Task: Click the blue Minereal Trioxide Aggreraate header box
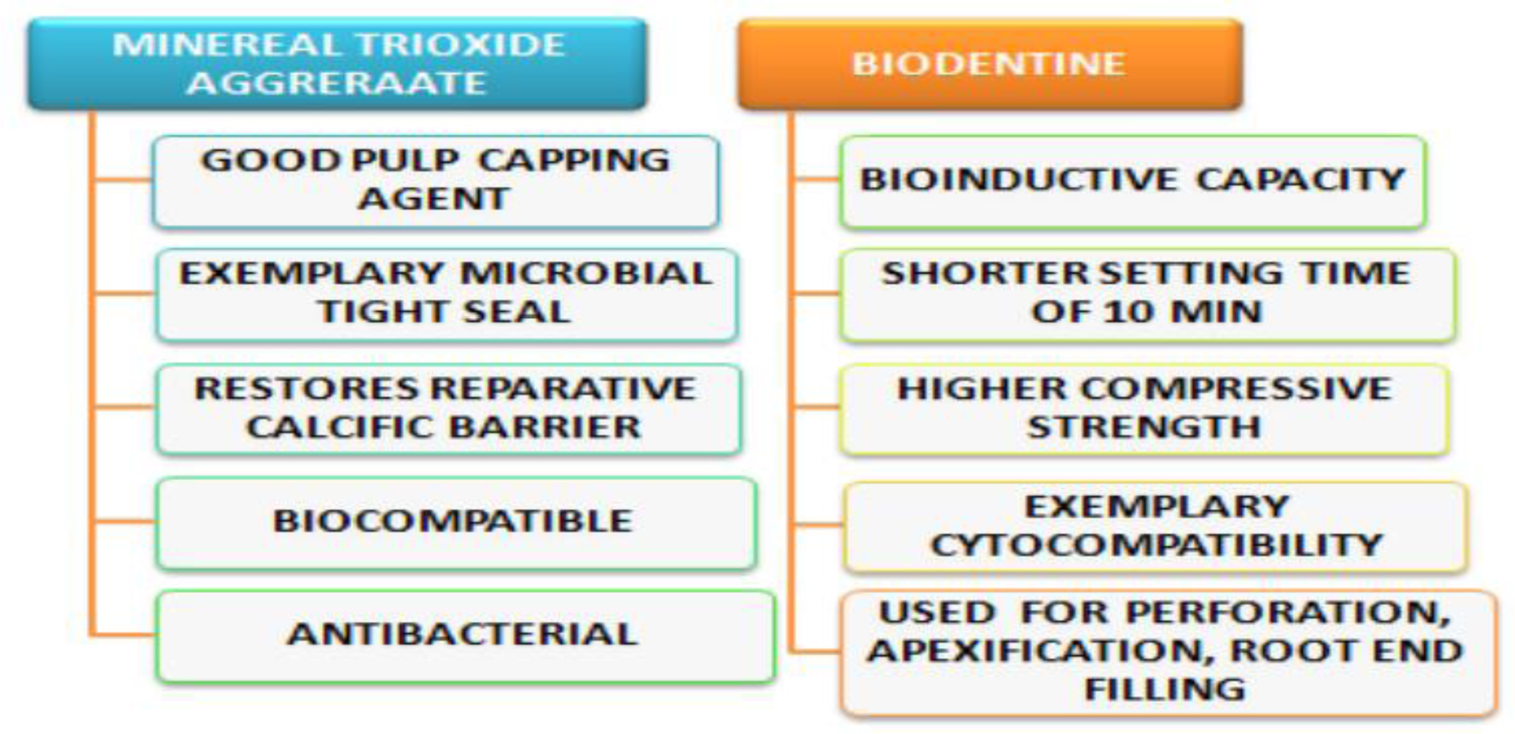click(x=337, y=64)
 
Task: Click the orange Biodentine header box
click(x=990, y=64)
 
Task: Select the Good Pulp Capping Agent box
click(x=436, y=181)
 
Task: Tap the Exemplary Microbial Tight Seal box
click(x=447, y=294)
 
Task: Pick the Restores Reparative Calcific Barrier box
click(x=448, y=409)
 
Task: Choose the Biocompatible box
click(x=456, y=523)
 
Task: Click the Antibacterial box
click(x=465, y=637)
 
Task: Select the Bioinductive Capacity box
click(x=1133, y=181)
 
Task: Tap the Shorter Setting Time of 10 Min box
click(x=1147, y=294)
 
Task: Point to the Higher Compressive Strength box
click(x=1144, y=409)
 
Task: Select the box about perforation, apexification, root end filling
click(x=1168, y=653)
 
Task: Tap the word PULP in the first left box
click(x=405, y=160)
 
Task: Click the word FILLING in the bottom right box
click(x=1165, y=690)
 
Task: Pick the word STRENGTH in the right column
click(x=1144, y=427)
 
